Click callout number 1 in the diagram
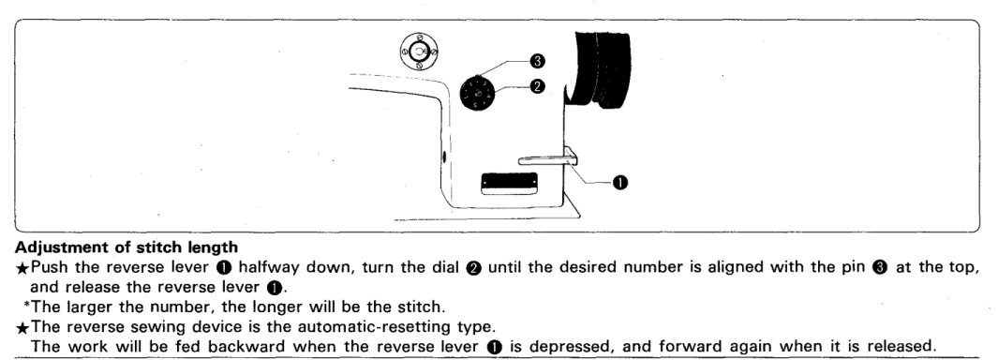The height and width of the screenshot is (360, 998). pos(619,183)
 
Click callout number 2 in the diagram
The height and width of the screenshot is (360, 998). pos(537,86)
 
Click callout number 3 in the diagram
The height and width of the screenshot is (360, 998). pos(537,61)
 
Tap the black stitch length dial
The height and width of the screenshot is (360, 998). pos(477,95)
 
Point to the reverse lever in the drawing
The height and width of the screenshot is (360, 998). pos(548,157)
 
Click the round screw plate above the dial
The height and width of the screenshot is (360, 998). pos(418,51)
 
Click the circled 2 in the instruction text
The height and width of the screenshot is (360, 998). pos(474,267)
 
